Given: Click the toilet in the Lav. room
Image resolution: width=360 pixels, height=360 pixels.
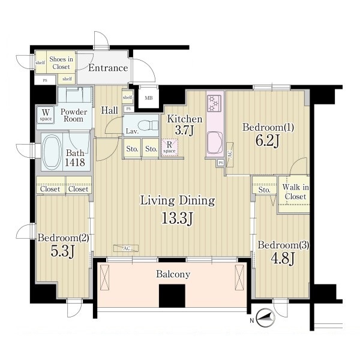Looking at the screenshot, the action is point(151,125).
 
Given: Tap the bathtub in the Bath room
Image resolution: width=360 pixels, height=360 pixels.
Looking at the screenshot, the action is point(52,152).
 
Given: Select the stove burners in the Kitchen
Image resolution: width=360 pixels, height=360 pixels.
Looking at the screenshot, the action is point(214,104).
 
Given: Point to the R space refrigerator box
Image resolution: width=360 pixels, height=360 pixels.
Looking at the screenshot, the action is point(169,148).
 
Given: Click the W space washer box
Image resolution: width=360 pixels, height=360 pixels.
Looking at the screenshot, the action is point(46,115).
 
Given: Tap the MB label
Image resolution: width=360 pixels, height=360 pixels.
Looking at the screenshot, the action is point(149,98).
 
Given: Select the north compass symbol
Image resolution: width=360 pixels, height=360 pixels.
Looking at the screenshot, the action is point(265,318).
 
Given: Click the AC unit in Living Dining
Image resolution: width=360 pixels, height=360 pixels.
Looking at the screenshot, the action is point(126,248).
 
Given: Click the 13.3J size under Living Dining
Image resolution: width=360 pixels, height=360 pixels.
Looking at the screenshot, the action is point(178,218).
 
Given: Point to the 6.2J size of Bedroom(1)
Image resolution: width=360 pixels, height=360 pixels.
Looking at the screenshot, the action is point(268,140).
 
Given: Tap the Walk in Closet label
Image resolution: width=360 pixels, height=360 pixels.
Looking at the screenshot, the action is point(295,192).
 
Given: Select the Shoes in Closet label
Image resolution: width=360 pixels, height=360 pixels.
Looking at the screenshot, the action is point(61,63).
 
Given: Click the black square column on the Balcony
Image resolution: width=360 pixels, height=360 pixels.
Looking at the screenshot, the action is point(172,296).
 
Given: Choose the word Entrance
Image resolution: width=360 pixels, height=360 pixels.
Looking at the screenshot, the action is point(108,68).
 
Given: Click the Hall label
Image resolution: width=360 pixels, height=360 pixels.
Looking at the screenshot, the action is point(110,110).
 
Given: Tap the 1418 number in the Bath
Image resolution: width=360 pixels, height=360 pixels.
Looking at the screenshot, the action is point(75,163).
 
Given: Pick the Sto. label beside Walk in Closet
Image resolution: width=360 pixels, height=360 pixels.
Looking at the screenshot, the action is point(264,190).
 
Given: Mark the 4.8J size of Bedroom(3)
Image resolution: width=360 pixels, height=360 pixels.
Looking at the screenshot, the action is point(283,259).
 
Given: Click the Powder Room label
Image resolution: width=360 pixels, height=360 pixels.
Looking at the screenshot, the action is point(74,115).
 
